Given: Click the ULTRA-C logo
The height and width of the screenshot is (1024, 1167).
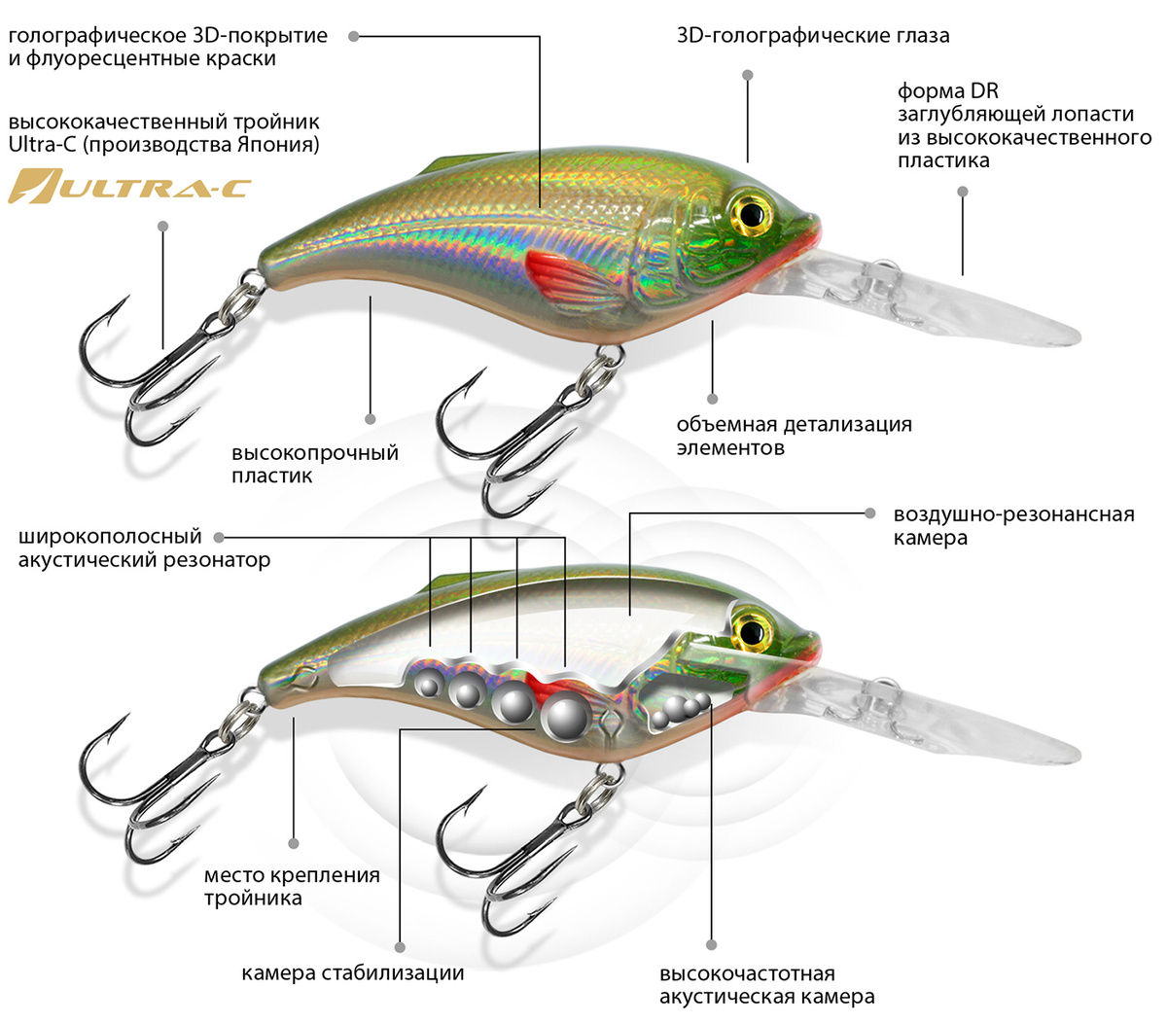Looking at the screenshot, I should coord(129,186).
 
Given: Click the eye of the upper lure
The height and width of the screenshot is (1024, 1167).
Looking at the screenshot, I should coord(750,211).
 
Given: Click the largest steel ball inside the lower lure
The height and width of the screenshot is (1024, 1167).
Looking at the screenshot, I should coord(564,717).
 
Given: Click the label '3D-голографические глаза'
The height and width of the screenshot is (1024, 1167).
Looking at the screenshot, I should coord(812,36).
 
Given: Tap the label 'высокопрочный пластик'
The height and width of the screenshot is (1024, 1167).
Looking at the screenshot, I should coord(314,464).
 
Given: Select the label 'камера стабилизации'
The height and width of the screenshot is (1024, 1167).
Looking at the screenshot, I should coord(352,972).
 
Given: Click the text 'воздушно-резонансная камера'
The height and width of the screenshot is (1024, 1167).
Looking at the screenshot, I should coord(1012,525).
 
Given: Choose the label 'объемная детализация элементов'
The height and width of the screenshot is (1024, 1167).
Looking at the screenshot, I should coord(794,436).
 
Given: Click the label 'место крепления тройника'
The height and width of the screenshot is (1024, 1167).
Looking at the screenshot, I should coord(292,886).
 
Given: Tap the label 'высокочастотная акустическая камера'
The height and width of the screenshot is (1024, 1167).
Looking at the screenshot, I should coord(766,984).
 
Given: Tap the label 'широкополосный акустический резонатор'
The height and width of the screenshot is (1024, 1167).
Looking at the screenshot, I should coord(144,547).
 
